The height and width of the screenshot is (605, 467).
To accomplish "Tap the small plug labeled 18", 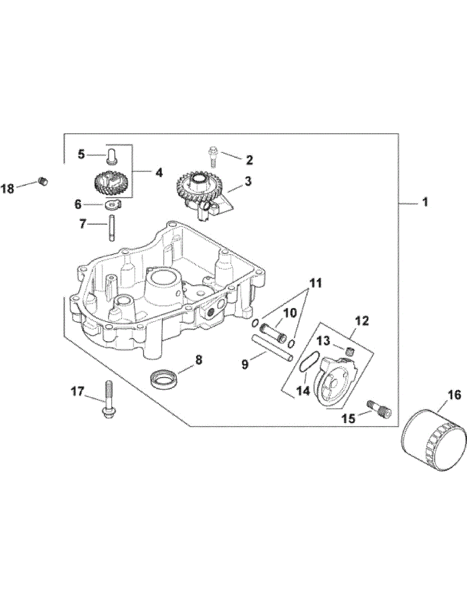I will [43, 180].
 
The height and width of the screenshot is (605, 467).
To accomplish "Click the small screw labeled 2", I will [213, 155].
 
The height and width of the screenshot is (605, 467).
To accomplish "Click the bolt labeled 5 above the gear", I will [111, 153].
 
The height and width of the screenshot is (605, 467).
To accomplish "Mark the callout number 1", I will [425, 203].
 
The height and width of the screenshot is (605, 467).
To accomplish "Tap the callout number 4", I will [159, 172].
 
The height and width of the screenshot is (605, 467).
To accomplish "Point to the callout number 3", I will [248, 180].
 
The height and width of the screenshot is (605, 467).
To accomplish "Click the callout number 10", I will [290, 314].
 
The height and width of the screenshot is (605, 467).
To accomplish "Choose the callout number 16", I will [454, 395].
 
